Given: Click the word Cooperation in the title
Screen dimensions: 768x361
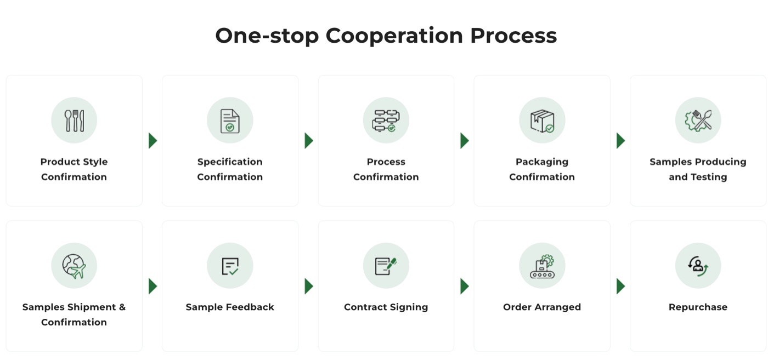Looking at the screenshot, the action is [x=394, y=36].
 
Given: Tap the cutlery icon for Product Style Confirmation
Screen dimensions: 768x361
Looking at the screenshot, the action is [x=74, y=121].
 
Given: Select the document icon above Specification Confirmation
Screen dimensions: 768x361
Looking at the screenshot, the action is [x=230, y=121].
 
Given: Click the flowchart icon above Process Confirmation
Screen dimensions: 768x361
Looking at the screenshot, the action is [x=386, y=121].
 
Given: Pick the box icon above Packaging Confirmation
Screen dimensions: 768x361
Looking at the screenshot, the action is [x=542, y=121].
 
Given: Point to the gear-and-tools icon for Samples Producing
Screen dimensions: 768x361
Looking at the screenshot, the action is [x=698, y=121].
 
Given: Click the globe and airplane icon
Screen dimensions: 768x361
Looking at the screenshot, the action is [x=74, y=266].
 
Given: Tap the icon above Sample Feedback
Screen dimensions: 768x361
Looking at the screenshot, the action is [x=230, y=266].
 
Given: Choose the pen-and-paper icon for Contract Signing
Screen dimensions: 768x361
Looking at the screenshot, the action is [x=386, y=266].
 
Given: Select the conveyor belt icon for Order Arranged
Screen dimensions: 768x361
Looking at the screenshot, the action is [x=542, y=266].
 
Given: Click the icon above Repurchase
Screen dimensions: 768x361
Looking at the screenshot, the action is [x=698, y=266].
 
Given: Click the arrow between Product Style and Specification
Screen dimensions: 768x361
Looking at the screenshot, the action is [x=153, y=141].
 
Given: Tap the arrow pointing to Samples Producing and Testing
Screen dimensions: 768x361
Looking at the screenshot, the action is [x=620, y=141].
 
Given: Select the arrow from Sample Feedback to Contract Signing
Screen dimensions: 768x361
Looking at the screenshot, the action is [x=308, y=286].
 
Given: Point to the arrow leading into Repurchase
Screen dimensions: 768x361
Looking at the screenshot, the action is [x=620, y=286].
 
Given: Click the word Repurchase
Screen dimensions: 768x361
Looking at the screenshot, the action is [x=698, y=307].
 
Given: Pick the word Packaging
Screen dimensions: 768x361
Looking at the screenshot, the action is [x=542, y=162].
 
